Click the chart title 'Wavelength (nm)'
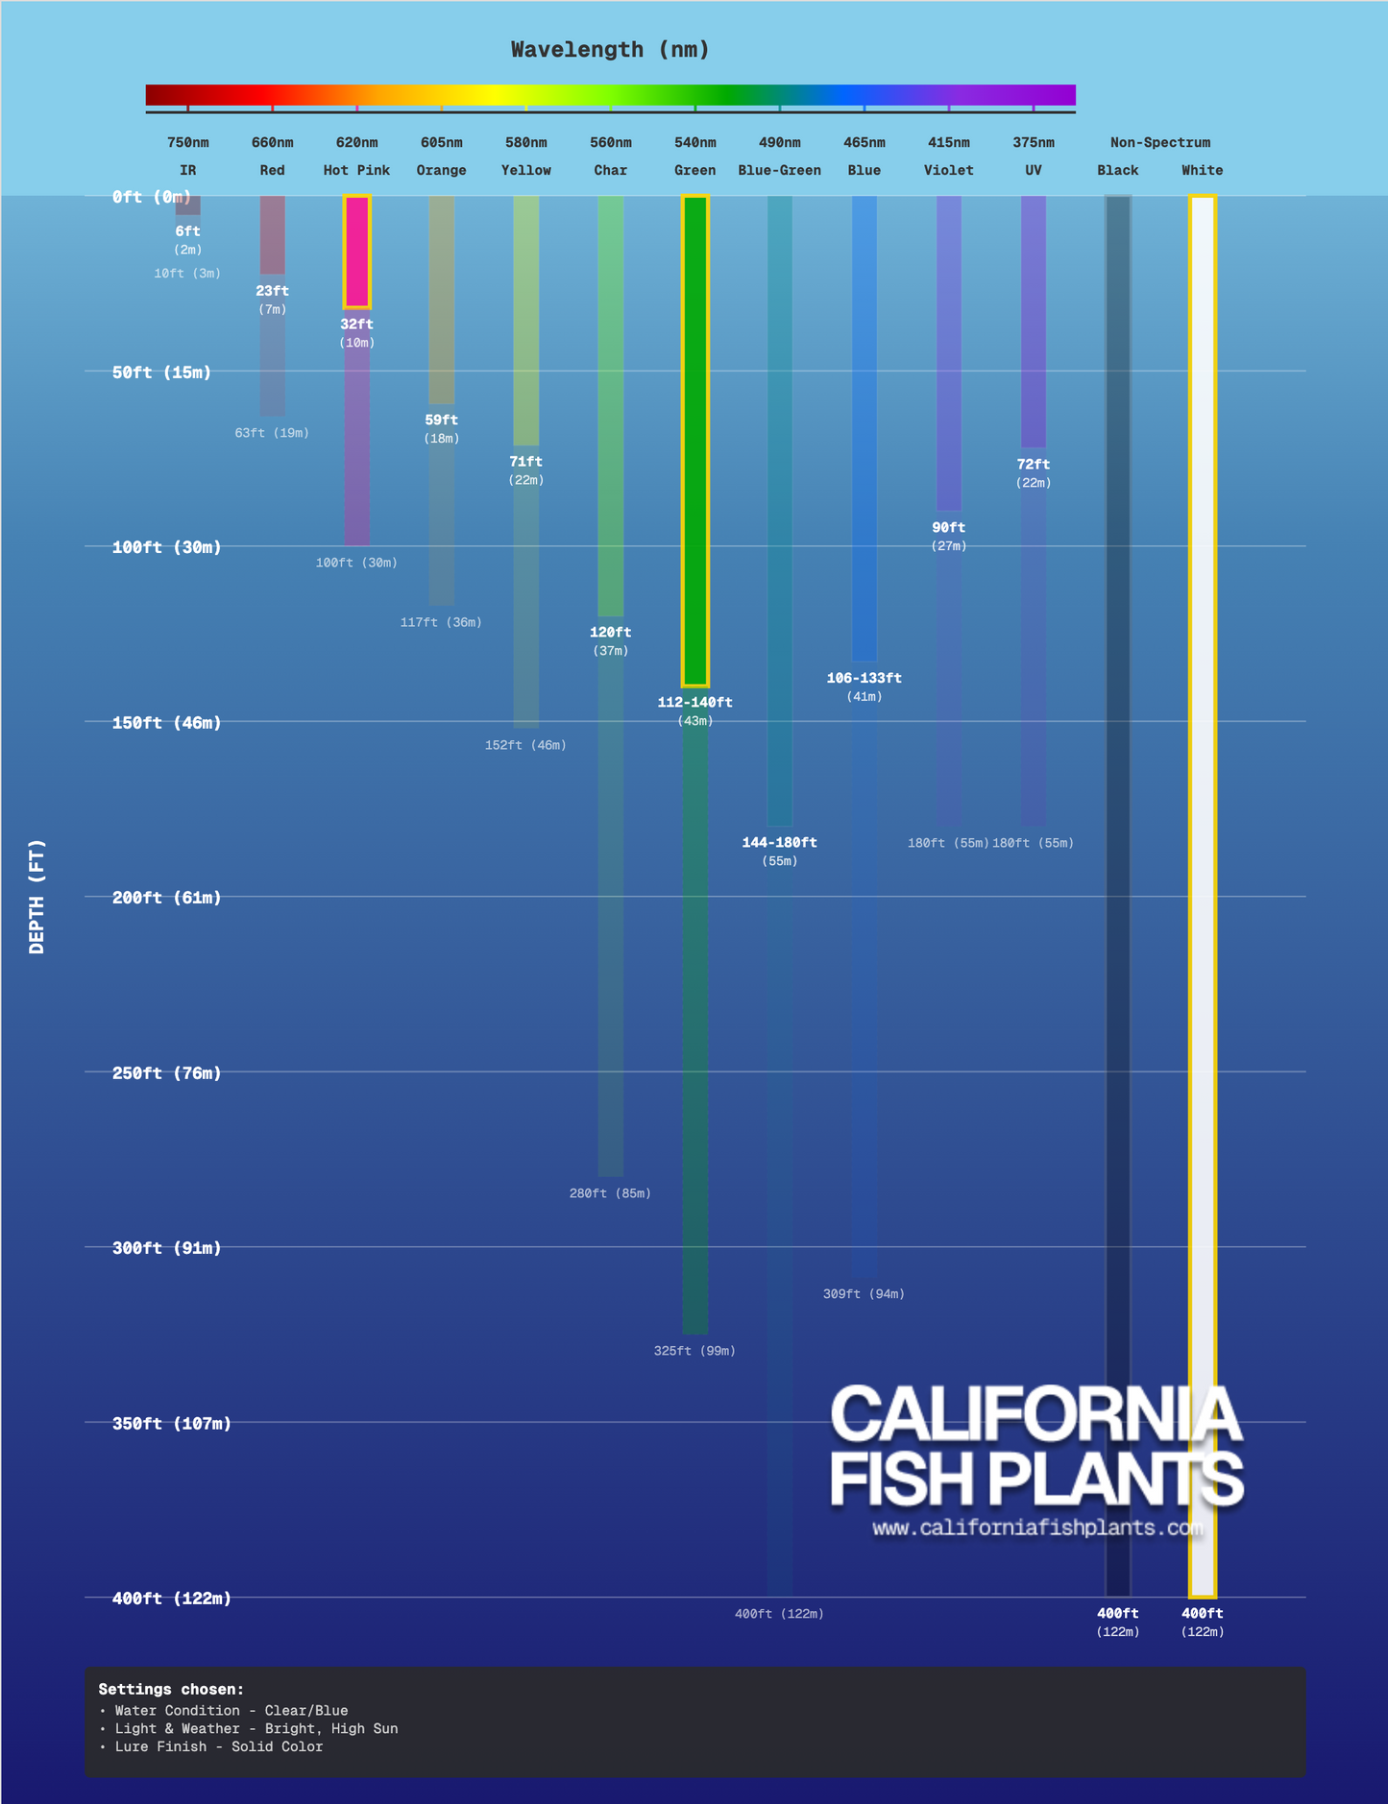pyautogui.click(x=610, y=50)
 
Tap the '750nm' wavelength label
pyautogui.click(x=188, y=143)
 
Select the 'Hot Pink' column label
pyautogui.click(x=356, y=171)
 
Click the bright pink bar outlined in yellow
pyautogui.click(x=357, y=252)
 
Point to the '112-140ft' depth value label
pyautogui.click(x=694, y=703)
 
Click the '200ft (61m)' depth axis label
pyautogui.click(x=166, y=898)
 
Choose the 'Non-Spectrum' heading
pyautogui.click(x=1159, y=143)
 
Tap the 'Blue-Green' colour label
pyautogui.click(x=779, y=171)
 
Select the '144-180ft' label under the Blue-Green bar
pyautogui.click(x=779, y=843)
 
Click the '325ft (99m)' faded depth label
pyautogui.click(x=694, y=1351)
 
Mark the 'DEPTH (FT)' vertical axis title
pyautogui.click(x=37, y=897)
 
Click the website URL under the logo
pyautogui.click(x=1037, y=1527)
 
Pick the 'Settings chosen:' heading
pyautogui.click(x=171, y=1689)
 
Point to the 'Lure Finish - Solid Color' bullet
pyautogui.click(x=218, y=1746)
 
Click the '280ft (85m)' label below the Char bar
pyautogui.click(x=610, y=1193)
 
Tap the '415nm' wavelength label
pyautogui.click(x=948, y=143)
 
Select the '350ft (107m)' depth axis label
pyautogui.click(x=171, y=1423)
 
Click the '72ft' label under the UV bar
pyautogui.click(x=1033, y=465)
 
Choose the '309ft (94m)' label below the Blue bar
pyautogui.click(x=864, y=1294)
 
